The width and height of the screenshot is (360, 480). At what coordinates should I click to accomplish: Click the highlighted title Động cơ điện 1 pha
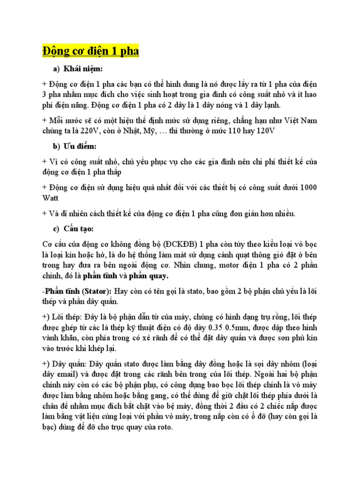[x=90, y=51]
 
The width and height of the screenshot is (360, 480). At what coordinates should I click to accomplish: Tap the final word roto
[x=164, y=427]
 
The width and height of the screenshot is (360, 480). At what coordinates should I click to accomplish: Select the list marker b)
[x=57, y=147]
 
